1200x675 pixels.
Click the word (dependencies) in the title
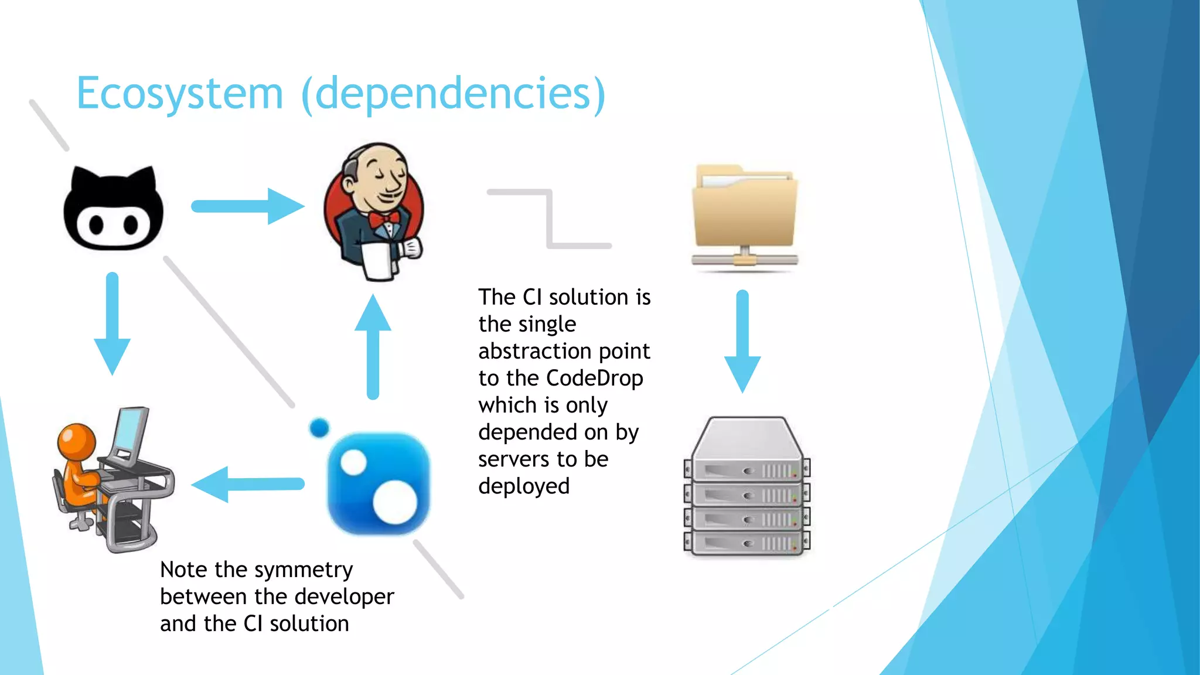point(453,94)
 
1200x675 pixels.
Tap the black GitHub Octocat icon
point(113,209)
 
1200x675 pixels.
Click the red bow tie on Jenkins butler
point(384,221)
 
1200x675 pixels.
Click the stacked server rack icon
point(747,486)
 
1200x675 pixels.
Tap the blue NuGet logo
point(379,484)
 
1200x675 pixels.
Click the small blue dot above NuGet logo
point(319,428)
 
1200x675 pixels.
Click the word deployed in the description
point(524,486)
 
